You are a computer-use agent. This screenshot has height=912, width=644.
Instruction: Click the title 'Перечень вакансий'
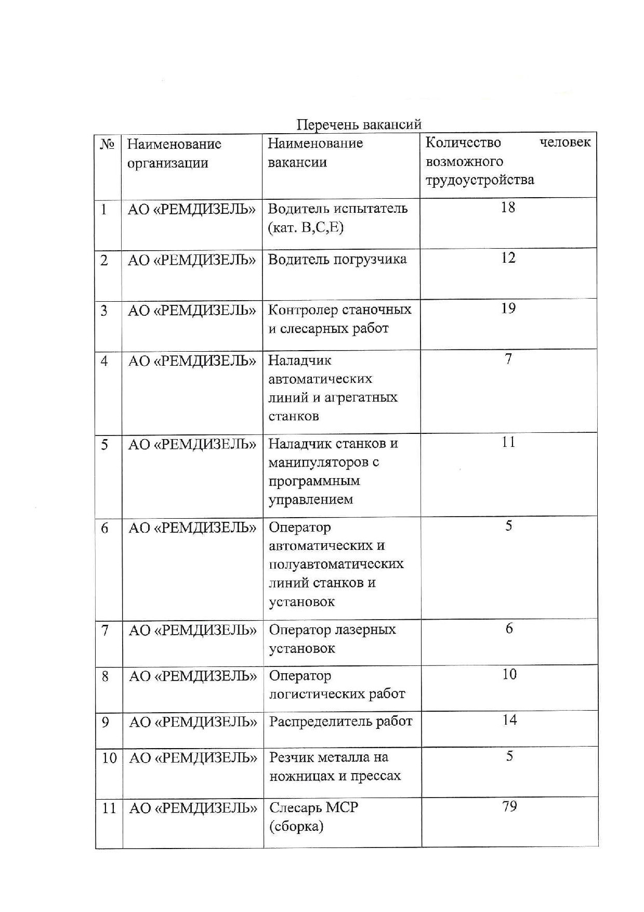coord(359,124)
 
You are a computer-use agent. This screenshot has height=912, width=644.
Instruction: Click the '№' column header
coord(107,144)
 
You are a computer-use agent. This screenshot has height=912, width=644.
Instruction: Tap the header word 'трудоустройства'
coord(479,180)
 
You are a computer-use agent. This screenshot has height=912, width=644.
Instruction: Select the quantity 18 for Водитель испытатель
coord(508,208)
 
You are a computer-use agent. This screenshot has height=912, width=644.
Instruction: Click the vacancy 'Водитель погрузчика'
coord(337,260)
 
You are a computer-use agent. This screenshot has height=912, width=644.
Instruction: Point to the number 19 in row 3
coord(508,309)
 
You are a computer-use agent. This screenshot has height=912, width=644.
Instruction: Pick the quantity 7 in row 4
coord(508,359)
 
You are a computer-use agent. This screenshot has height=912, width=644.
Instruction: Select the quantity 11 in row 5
coord(508,442)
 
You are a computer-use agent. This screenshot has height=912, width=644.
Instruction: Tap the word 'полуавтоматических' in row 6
coord(336,564)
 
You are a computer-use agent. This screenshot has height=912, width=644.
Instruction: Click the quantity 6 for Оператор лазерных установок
coord(509,628)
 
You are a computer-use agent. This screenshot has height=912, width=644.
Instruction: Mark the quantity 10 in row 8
coord(509,674)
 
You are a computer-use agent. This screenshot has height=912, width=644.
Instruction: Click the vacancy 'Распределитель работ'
coord(340,722)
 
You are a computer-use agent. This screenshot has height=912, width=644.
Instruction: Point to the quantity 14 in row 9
coord(509,720)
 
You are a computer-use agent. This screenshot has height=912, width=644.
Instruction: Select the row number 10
coord(109,757)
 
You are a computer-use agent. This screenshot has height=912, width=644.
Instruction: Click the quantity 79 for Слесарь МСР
coord(509,806)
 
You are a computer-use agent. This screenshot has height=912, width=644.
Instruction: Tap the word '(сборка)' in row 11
coord(296,827)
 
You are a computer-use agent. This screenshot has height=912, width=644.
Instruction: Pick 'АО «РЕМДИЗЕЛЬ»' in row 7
coord(192,631)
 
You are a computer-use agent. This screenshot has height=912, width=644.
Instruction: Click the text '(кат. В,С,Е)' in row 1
coord(306,228)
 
